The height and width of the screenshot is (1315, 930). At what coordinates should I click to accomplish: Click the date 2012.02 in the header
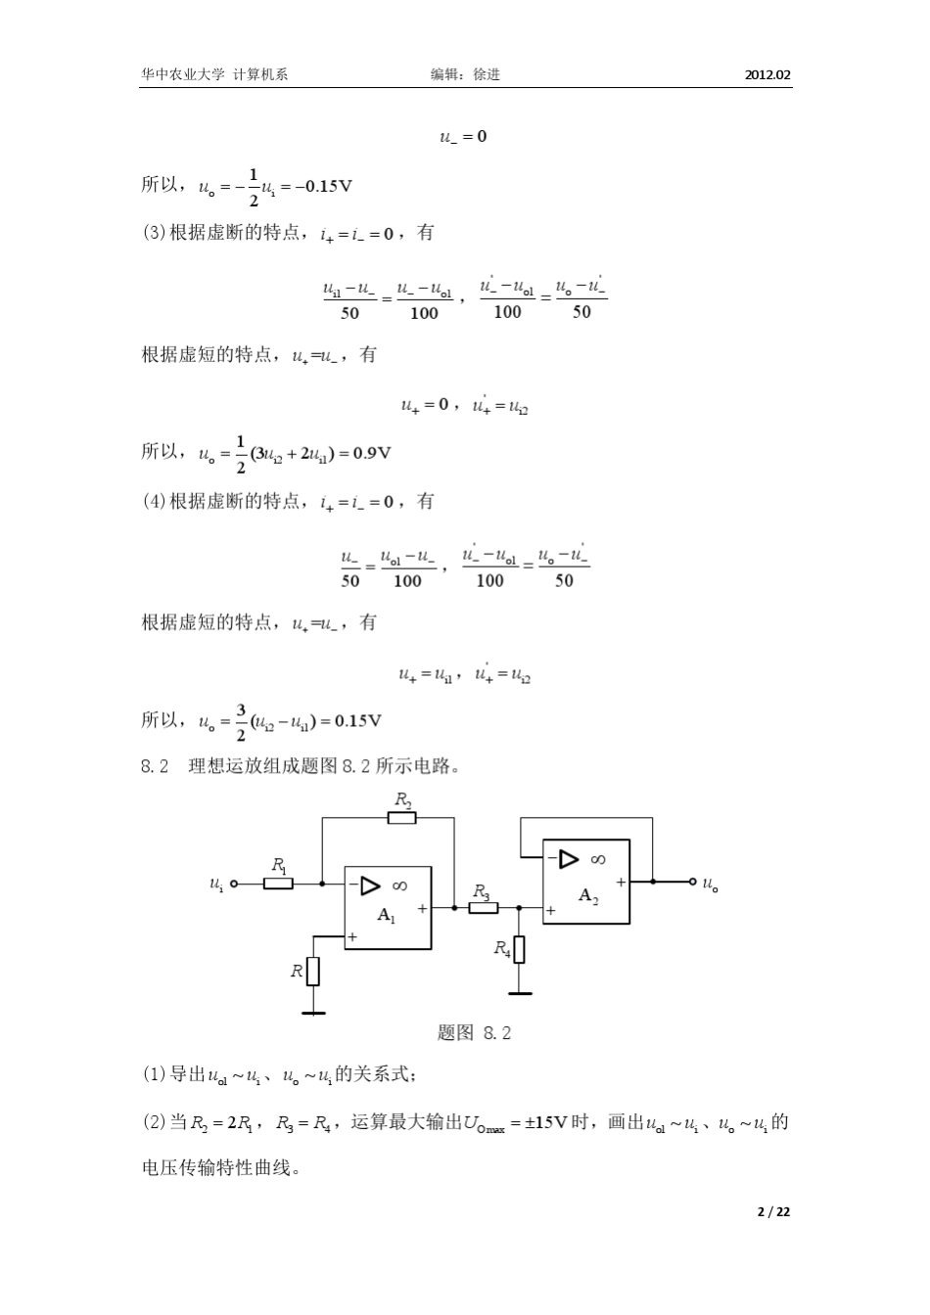pos(767,74)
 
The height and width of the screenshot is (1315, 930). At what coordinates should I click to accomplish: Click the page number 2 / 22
pos(773,1211)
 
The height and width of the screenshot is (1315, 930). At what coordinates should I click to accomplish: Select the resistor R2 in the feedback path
pos(401,817)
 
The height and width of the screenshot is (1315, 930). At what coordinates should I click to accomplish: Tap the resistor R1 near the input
pos(278,884)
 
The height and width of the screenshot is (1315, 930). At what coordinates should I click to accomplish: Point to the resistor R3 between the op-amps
pos(483,908)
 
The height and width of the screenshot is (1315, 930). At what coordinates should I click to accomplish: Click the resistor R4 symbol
pos(519,949)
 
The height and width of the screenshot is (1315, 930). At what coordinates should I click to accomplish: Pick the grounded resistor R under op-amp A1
pos(313,971)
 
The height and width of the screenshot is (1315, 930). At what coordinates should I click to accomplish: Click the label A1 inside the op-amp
pos(388,915)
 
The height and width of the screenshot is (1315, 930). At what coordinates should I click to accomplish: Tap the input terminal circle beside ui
pos(233,884)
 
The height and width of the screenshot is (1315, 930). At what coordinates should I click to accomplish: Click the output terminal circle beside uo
pos(693,882)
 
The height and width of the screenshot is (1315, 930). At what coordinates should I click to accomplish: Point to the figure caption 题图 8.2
pos(474,1033)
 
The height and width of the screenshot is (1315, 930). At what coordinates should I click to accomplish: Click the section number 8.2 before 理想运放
pos(157,766)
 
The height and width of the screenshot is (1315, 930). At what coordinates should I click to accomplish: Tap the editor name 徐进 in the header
pos(487,74)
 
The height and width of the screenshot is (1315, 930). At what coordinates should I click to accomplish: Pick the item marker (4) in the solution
pos(155,501)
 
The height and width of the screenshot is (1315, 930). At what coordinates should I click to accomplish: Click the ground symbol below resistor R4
pos(519,991)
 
